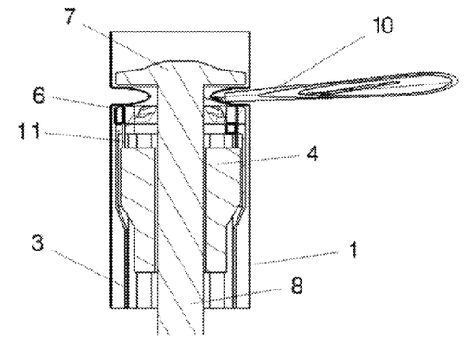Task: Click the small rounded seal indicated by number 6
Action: (x=118, y=113)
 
